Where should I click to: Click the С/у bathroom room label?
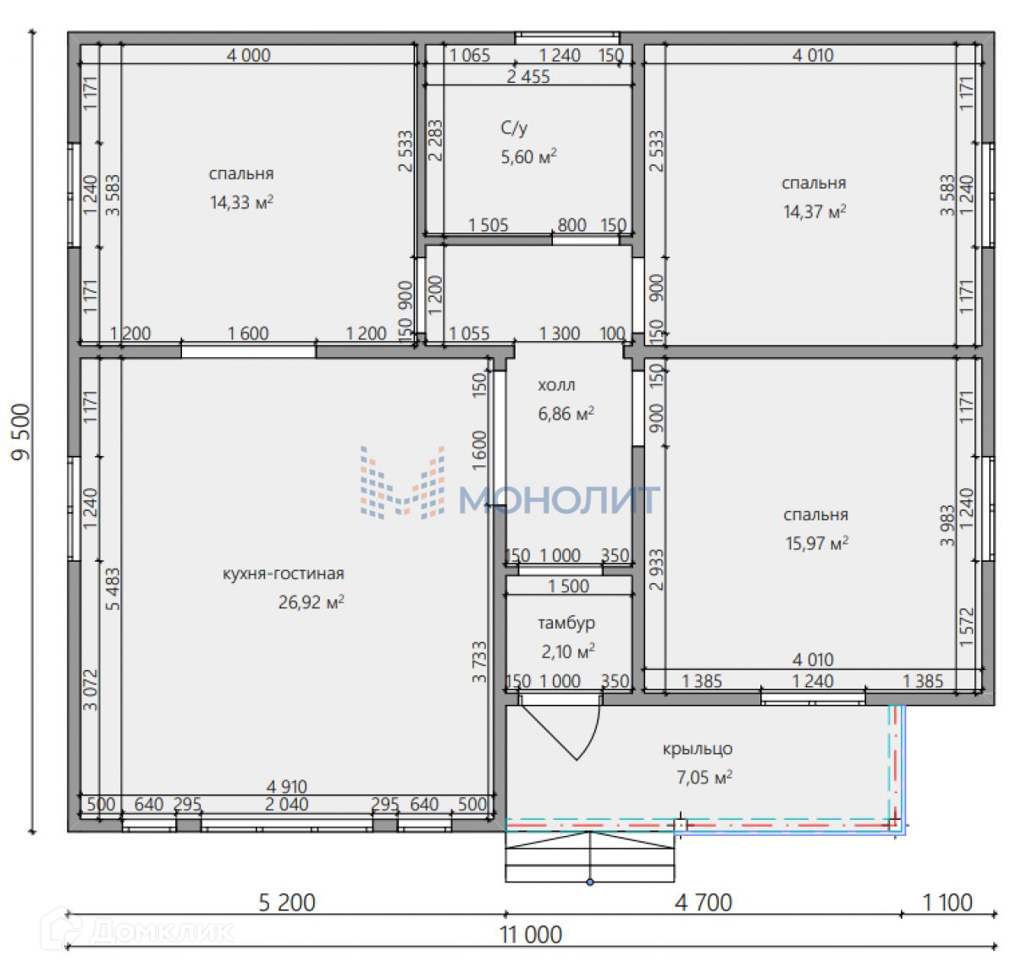tap(514, 129)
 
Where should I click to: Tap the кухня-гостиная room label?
tap(284, 574)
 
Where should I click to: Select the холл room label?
tap(556, 385)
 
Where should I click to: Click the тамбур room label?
tap(566, 623)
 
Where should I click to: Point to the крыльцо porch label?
tap(697, 749)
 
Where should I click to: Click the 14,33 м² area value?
tap(241, 202)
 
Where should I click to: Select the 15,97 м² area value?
tap(816, 543)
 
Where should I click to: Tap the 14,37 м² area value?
tap(814, 212)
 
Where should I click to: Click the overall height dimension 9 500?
tap(21, 432)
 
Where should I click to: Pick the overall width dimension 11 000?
tap(531, 949)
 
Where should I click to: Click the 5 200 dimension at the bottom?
tap(287, 917)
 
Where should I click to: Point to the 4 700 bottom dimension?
tap(704, 917)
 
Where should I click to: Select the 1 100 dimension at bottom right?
tap(947, 917)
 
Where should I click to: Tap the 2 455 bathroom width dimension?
tap(527, 77)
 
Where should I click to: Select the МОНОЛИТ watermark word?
tap(559, 499)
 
